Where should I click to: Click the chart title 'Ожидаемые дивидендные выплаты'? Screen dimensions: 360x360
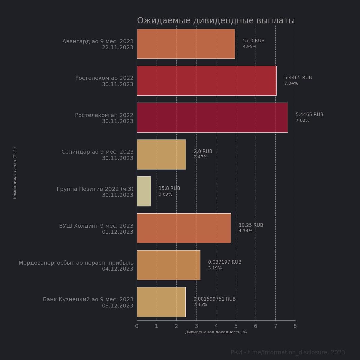[216, 21]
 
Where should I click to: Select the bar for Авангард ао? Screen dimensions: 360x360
[186, 44]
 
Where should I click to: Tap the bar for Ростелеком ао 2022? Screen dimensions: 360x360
[206, 81]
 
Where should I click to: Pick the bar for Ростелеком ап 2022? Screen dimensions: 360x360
[212, 118]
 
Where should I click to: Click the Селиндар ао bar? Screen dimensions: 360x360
[161, 154]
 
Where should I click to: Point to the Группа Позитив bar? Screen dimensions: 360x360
[144, 191]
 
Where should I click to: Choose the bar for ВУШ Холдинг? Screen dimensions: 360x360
[184, 228]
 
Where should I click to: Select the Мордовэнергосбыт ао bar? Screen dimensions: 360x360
[168, 265]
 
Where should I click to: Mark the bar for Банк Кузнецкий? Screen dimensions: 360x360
[161, 302]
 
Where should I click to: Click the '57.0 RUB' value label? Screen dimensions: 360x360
[253, 41]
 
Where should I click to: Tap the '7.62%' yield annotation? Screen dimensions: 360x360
[302, 121]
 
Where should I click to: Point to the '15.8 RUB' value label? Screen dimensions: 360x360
[169, 188]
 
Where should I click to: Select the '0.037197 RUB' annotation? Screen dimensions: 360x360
[225, 262]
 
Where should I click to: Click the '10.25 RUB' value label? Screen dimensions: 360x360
[251, 225]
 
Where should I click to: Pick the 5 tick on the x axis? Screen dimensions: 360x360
[236, 326]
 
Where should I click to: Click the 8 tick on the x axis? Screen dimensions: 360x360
[295, 326]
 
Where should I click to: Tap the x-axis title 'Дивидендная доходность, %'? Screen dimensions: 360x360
[216, 332]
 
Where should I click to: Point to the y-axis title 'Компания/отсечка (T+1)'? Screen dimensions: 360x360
[15, 173]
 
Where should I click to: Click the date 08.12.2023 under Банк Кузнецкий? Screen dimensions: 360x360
[118, 306]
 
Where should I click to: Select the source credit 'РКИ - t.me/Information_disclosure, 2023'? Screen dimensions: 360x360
[288, 352]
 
